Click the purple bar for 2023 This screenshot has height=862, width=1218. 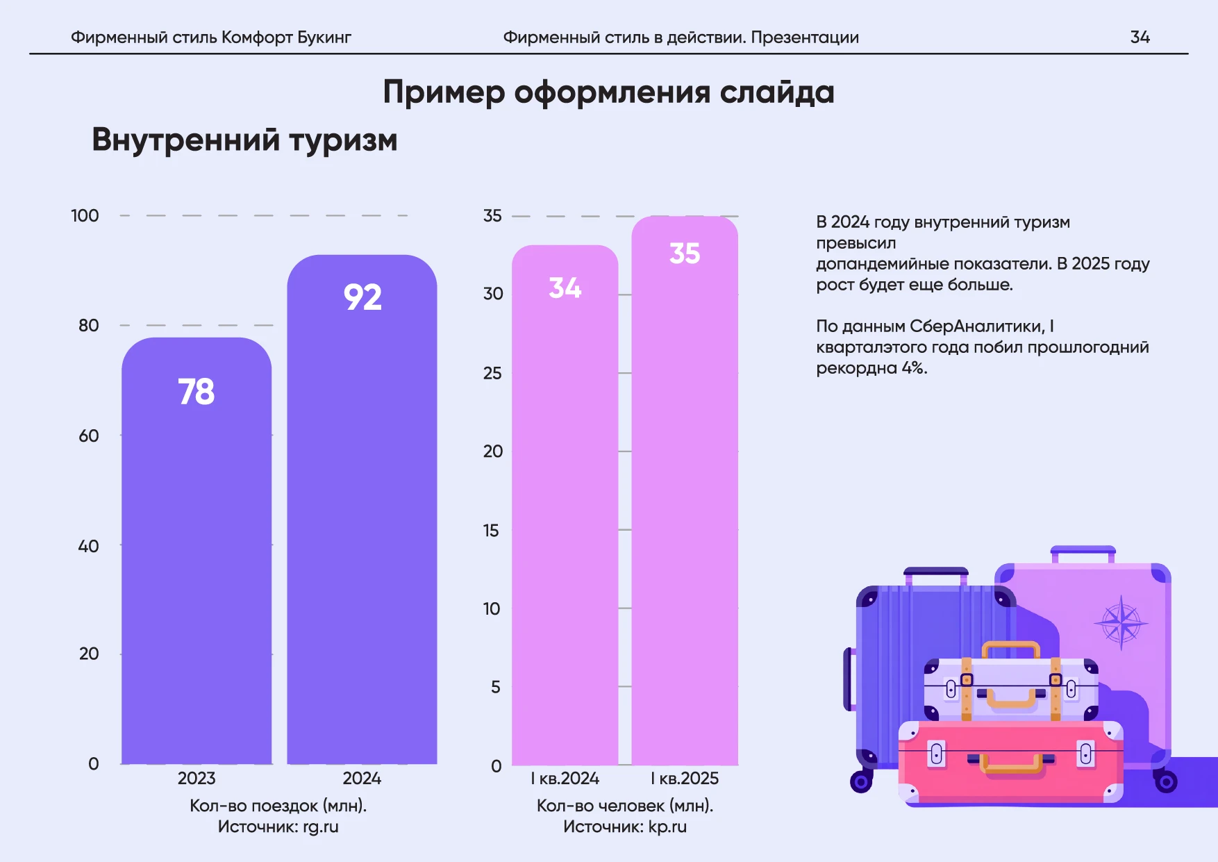197,556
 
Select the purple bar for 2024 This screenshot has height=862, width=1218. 362,521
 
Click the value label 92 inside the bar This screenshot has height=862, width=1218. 362,297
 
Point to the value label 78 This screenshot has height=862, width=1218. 197,392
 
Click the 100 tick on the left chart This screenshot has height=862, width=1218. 85,216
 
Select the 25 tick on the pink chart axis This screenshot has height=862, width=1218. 492,374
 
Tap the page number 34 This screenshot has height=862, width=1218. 1140,38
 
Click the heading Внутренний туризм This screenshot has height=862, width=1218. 244,140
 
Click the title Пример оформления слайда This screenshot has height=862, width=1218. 608,92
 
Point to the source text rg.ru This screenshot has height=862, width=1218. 320,827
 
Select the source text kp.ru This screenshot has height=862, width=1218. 667,827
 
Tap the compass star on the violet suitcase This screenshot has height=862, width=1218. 1121,622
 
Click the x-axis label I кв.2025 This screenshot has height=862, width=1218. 684,779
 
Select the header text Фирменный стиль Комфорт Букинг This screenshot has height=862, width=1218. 211,38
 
